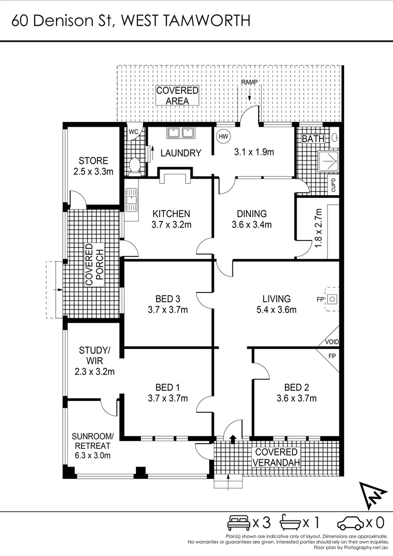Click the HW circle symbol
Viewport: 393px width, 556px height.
223,136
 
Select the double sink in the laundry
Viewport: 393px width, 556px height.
180,133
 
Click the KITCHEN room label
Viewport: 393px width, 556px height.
171,214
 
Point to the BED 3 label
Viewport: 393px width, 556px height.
168,299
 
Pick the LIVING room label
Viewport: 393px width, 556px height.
276,299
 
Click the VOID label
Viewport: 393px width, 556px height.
332,342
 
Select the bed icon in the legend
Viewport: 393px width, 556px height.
238,523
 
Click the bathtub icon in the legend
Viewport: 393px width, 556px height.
289,523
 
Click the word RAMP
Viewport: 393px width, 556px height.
249,82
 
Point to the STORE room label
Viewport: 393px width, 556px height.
93,161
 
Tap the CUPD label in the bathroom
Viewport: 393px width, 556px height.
334,184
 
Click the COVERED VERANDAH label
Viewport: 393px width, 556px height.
276,457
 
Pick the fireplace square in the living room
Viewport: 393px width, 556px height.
333,298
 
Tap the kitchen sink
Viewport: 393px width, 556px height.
131,199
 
